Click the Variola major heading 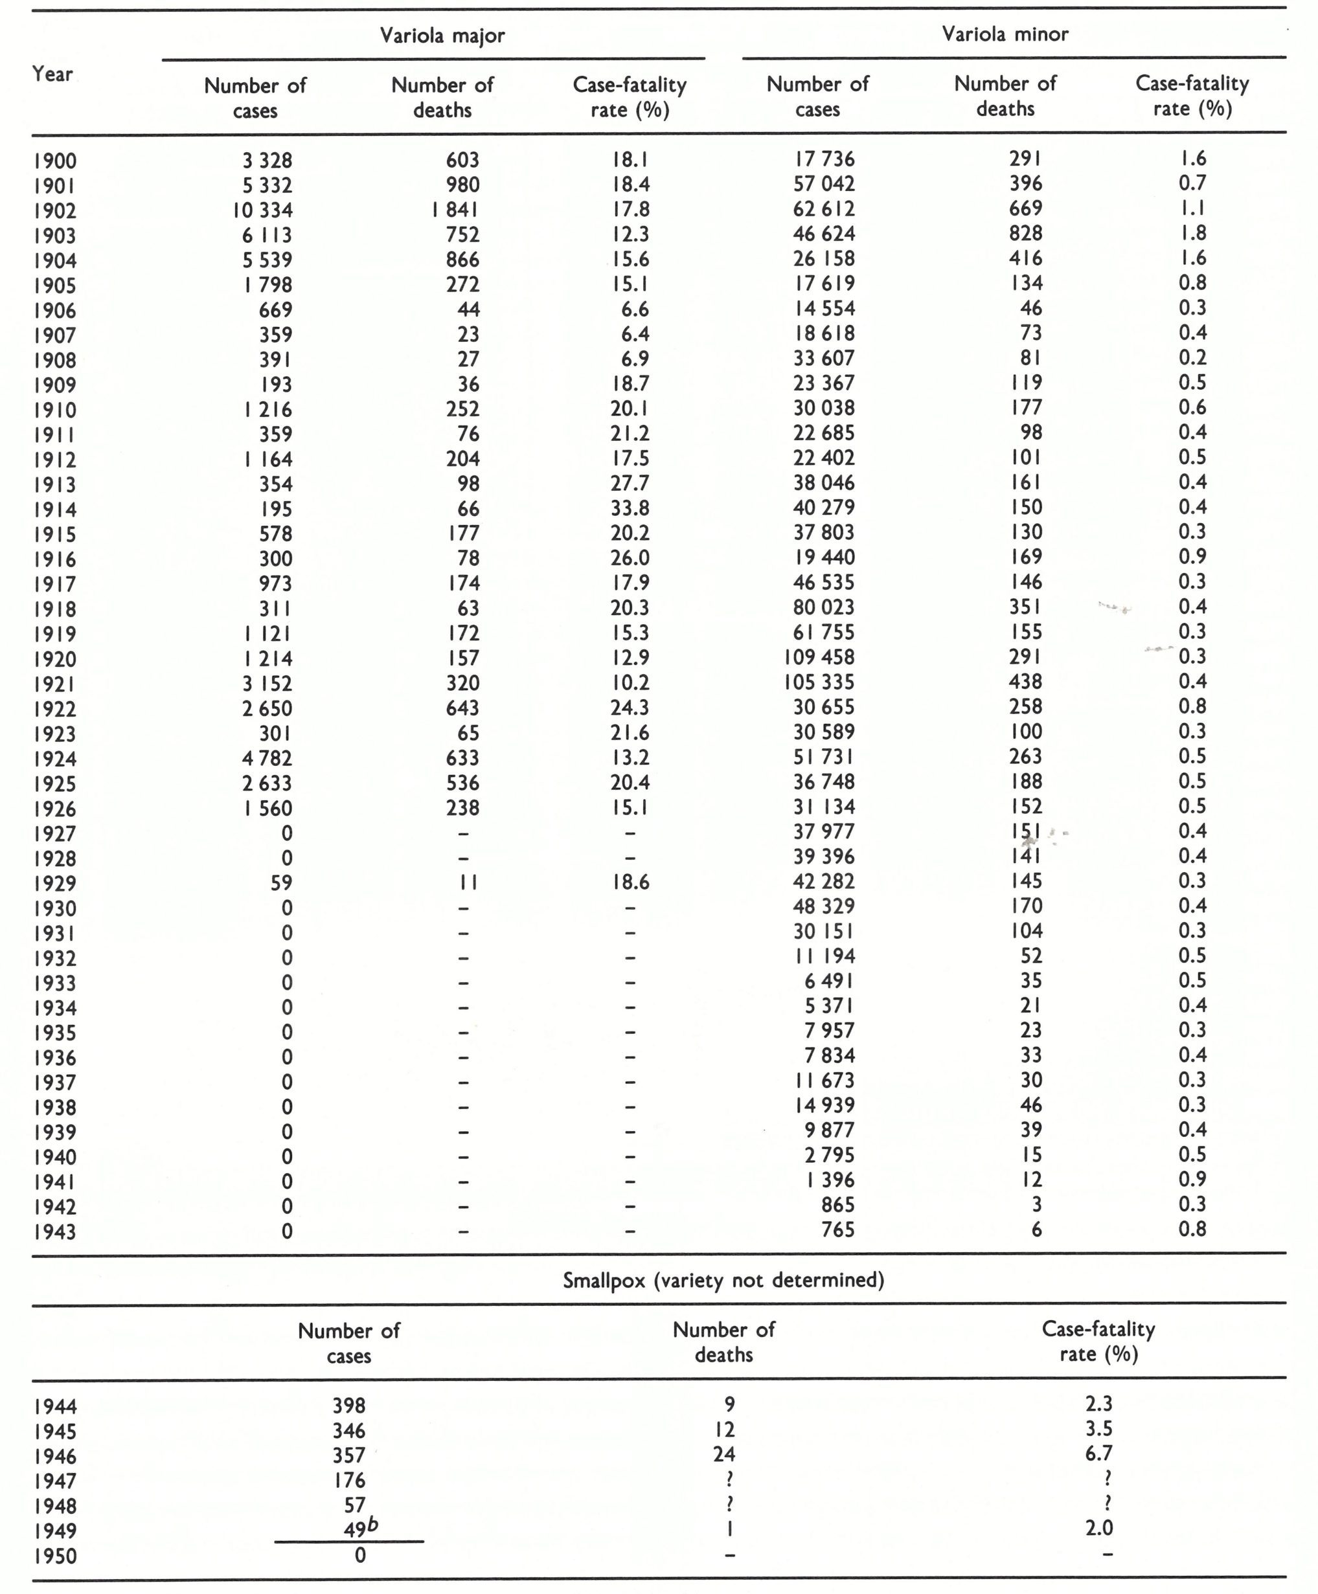(x=442, y=36)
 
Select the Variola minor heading (x=1005, y=34)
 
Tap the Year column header (x=52, y=74)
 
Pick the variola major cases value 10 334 (x=263, y=210)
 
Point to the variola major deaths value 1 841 (x=455, y=210)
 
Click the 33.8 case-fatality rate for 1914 (x=630, y=508)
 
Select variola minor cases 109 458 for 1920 (x=819, y=657)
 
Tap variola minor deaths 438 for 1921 (x=1026, y=682)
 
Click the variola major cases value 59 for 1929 (x=281, y=882)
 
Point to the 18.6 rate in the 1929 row (x=630, y=882)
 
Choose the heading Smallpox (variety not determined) (x=723, y=1281)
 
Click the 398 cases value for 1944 (x=348, y=1406)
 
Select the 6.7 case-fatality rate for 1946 (x=1098, y=1454)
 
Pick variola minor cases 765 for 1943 (x=837, y=1229)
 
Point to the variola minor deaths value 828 (x=1026, y=233)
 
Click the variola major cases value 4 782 (x=267, y=758)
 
